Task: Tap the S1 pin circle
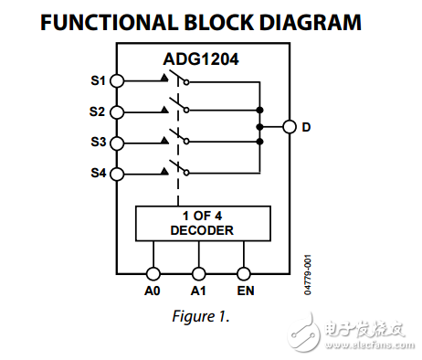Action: point(117,81)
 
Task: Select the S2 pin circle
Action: point(117,112)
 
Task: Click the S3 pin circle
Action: point(117,143)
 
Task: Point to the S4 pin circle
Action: point(117,174)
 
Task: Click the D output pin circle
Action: point(289,128)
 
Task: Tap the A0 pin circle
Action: point(153,273)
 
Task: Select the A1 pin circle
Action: point(198,273)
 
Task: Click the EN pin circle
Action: point(244,273)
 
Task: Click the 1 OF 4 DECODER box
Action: point(201,223)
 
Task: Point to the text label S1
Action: point(97,81)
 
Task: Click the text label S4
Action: point(97,174)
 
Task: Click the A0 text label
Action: point(153,291)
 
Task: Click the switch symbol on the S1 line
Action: point(178,79)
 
